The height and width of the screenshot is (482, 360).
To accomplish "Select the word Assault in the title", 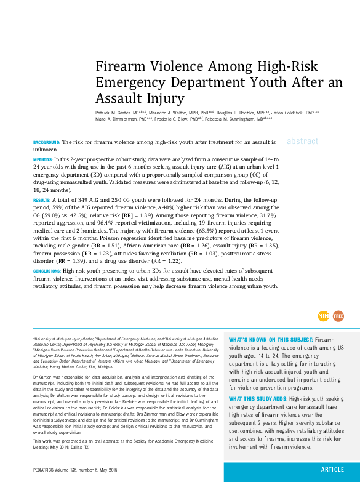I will (118, 98).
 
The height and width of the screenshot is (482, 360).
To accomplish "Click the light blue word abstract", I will (302, 141).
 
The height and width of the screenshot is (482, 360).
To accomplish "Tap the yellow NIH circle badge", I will (324, 316).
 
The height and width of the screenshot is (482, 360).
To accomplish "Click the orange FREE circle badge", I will (338, 316).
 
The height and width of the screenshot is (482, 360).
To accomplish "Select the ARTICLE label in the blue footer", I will (332, 469).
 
